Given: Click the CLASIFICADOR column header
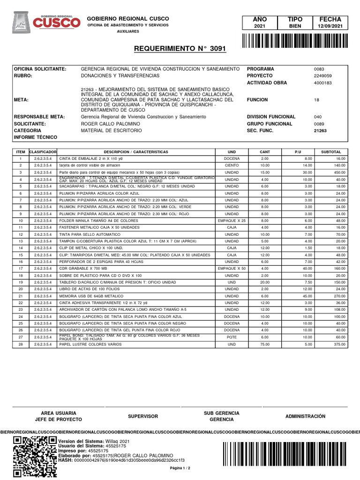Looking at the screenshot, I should (x=43, y=152).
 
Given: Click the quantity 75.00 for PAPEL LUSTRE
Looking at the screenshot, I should (x=265, y=345).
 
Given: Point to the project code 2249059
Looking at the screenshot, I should (x=322, y=75).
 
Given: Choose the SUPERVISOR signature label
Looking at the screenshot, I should (x=143, y=416).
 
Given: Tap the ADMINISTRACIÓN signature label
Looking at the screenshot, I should (x=305, y=416).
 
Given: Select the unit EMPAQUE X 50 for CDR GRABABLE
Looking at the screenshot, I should (x=232, y=269).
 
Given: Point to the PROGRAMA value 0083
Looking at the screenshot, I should (x=319, y=69).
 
